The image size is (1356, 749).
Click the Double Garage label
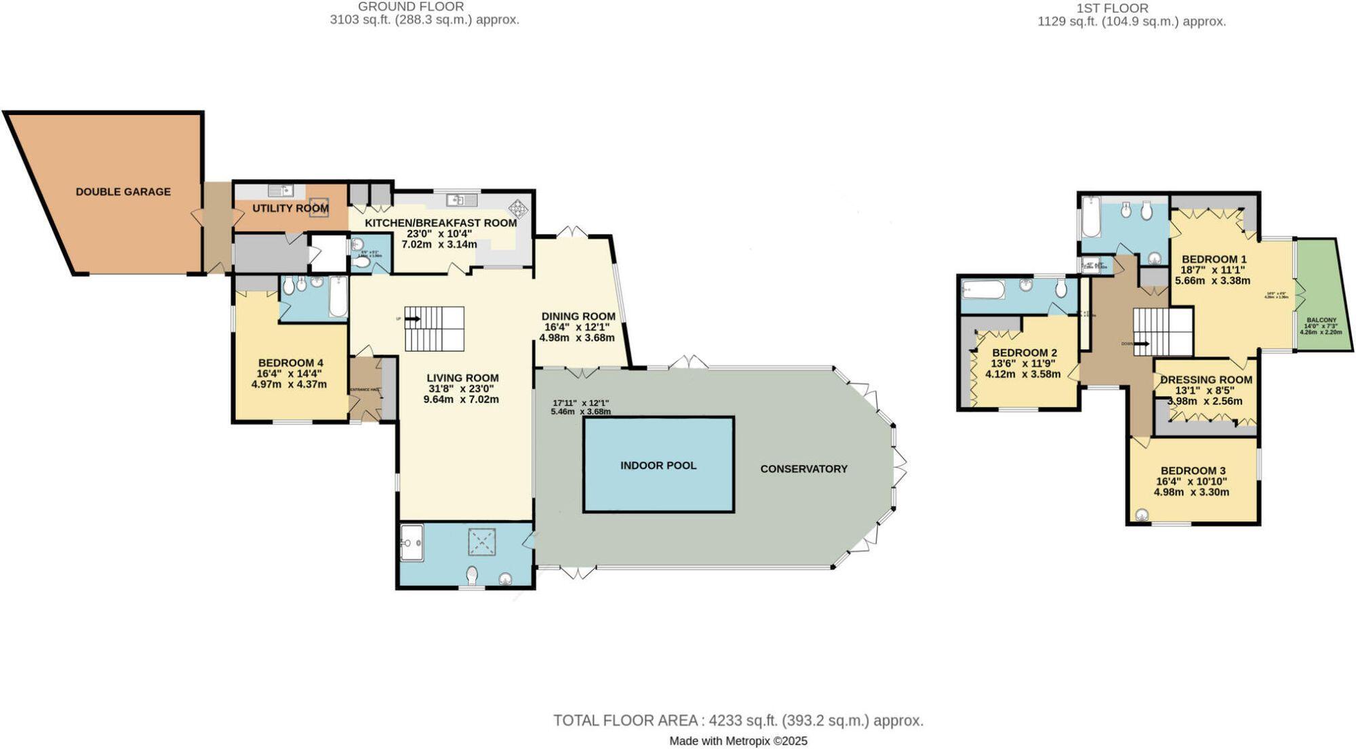point(123,192)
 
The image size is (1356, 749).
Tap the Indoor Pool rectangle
point(658,465)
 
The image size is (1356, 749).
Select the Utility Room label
point(290,208)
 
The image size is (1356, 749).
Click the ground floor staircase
point(435,328)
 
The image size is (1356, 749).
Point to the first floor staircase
point(1163,331)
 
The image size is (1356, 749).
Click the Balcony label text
point(1321,320)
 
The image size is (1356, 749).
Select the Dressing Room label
point(1206,380)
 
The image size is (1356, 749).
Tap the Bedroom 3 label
point(1193,470)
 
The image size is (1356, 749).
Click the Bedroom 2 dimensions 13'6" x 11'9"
point(1024,363)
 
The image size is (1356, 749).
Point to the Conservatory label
point(803,468)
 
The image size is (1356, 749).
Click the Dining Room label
point(578,316)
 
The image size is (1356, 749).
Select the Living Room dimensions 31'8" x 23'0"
point(462,389)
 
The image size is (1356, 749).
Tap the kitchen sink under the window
point(462,199)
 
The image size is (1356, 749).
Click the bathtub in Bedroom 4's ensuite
point(338,296)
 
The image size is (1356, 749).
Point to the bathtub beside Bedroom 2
point(983,290)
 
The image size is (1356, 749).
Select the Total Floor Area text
point(738,720)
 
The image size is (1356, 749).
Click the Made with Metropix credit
point(738,741)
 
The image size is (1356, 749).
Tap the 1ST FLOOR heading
point(1131,8)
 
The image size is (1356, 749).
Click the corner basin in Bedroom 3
point(1142,515)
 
